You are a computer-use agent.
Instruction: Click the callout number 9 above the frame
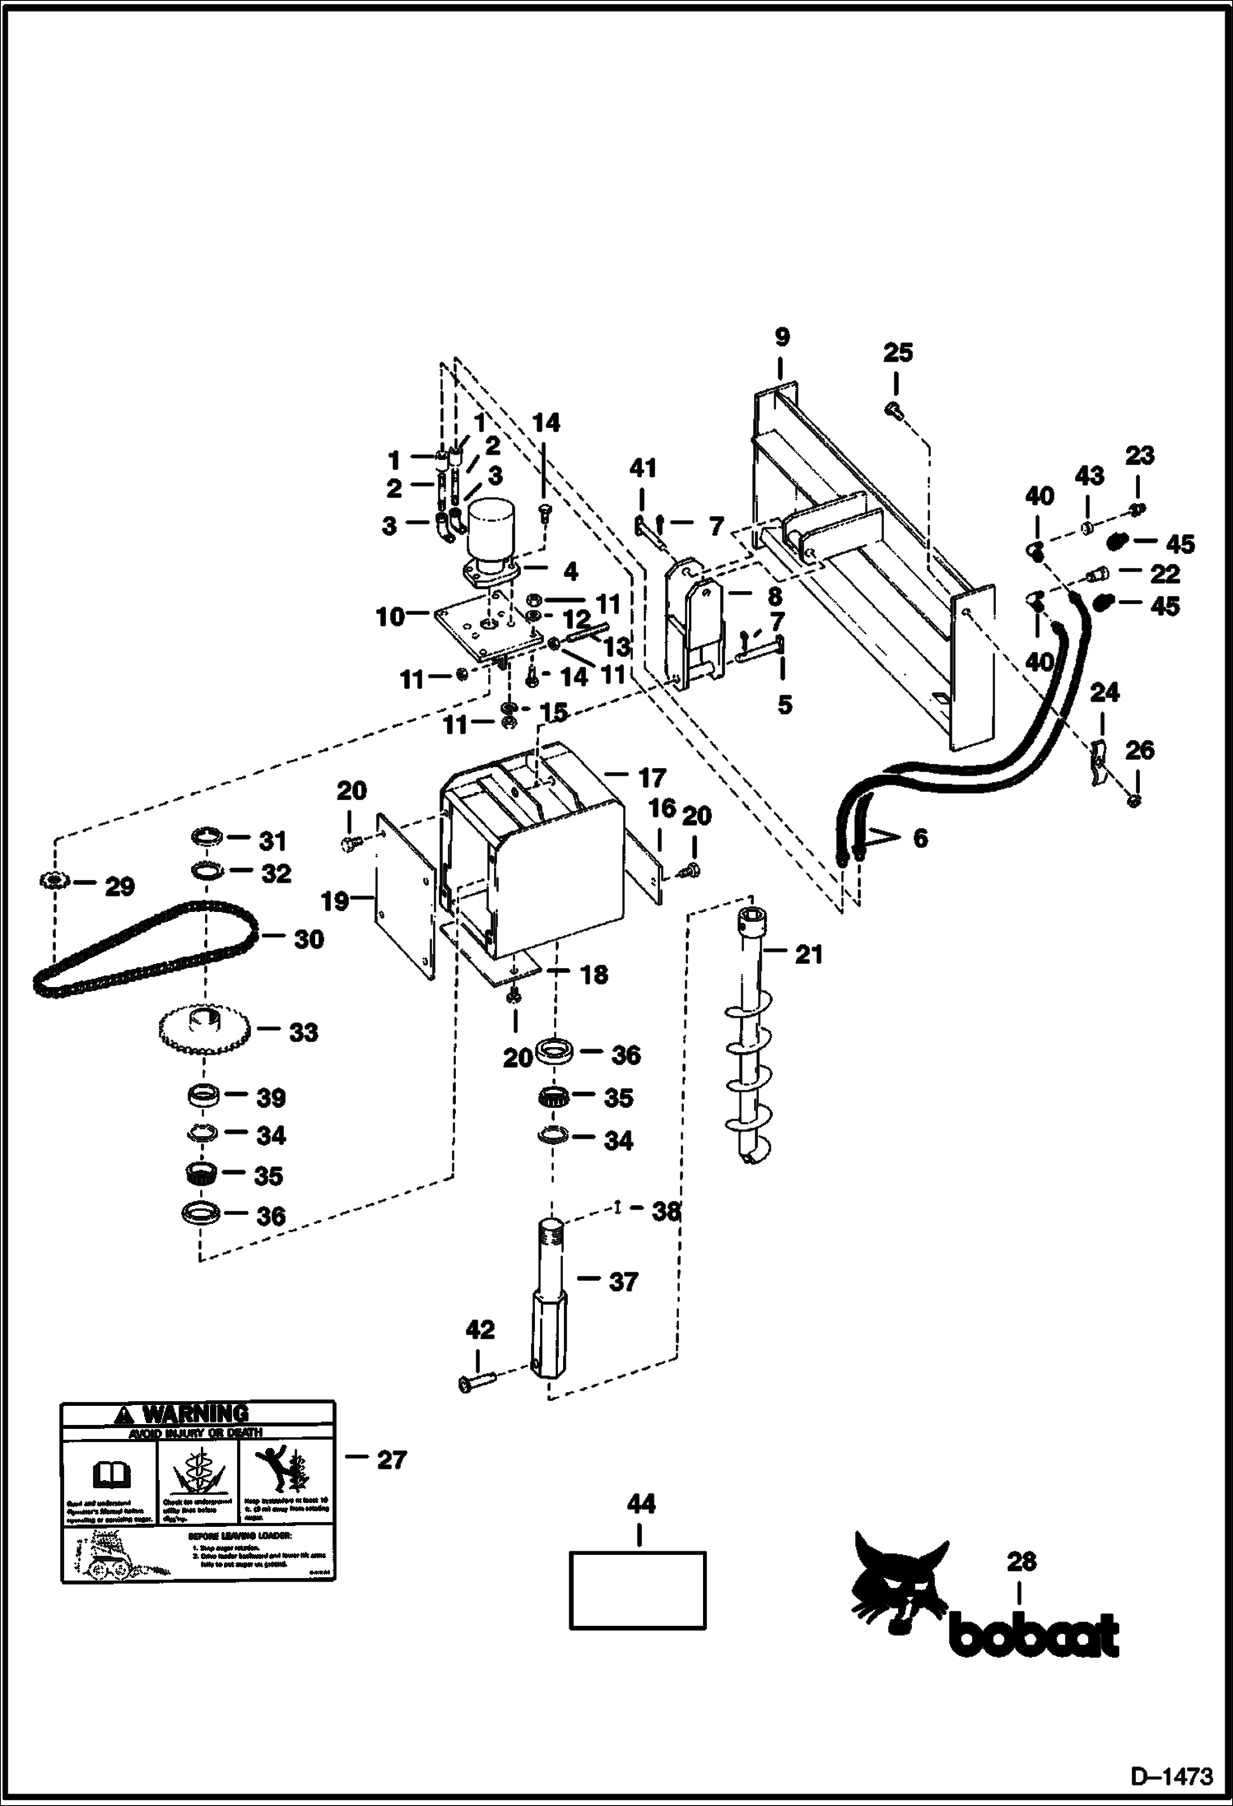click(781, 337)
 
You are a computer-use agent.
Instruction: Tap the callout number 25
click(897, 353)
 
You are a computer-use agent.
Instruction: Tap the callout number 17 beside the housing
click(650, 777)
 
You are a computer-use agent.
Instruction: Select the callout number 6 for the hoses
click(919, 838)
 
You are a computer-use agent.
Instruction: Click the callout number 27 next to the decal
click(391, 1459)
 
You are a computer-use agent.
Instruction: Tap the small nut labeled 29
click(53, 881)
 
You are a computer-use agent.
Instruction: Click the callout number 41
click(642, 468)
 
